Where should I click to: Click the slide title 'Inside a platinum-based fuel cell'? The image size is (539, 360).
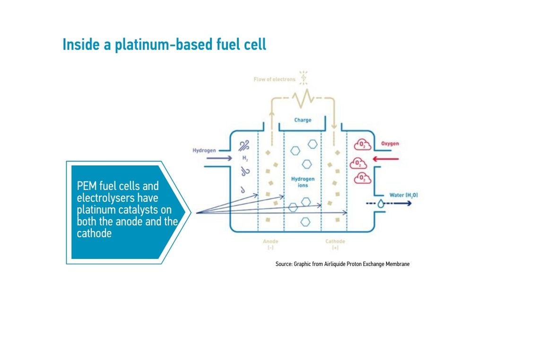(x=164, y=44)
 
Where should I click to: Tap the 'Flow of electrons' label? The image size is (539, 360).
(x=274, y=79)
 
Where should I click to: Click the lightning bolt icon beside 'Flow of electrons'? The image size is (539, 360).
(x=304, y=77)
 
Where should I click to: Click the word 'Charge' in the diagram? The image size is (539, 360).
(x=303, y=120)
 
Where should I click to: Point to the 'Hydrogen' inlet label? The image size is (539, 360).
(x=204, y=150)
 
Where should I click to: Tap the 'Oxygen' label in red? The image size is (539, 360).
(x=390, y=144)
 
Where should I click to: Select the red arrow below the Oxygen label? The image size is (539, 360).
(x=382, y=159)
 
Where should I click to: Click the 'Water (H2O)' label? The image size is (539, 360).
(x=403, y=195)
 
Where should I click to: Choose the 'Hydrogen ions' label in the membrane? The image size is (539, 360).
(x=303, y=182)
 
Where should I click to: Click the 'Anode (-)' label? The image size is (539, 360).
(x=270, y=244)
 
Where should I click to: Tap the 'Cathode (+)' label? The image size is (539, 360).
(x=335, y=244)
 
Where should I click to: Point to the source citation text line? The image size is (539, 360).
(x=342, y=264)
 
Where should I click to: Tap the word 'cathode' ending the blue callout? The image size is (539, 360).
(x=94, y=233)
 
